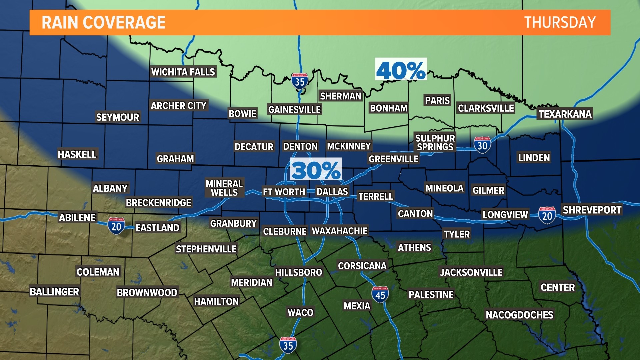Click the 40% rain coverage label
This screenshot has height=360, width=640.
pyautogui.click(x=401, y=70)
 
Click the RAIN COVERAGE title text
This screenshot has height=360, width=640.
pyautogui.click(x=103, y=23)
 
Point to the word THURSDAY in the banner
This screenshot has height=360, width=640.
pyautogui.click(x=560, y=23)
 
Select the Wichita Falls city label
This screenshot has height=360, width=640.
pyautogui.click(x=183, y=72)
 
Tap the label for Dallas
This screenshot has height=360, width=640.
pyautogui.click(x=332, y=192)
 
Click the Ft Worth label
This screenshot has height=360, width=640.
pyautogui.click(x=284, y=192)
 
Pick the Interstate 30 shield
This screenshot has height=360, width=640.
pyautogui.click(x=482, y=145)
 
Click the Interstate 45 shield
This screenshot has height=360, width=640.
pyautogui.click(x=380, y=295)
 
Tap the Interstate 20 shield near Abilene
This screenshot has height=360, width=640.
pyautogui.click(x=116, y=226)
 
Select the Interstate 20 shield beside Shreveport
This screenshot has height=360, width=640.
pyautogui.click(x=547, y=215)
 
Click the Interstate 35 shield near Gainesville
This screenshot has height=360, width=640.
pyautogui.click(x=299, y=81)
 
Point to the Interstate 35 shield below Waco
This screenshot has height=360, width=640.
pyautogui.click(x=288, y=345)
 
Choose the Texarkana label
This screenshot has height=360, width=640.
pyautogui.click(x=565, y=114)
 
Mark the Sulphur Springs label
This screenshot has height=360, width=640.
pyautogui.click(x=435, y=143)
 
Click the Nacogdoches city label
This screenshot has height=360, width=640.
pyautogui.click(x=519, y=315)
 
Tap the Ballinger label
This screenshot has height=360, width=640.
pyautogui.click(x=54, y=292)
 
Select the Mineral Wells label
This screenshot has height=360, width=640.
pyautogui.click(x=224, y=188)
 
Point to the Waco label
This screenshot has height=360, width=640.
pyautogui.click(x=300, y=313)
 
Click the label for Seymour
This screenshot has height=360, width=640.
pyautogui.click(x=117, y=117)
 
